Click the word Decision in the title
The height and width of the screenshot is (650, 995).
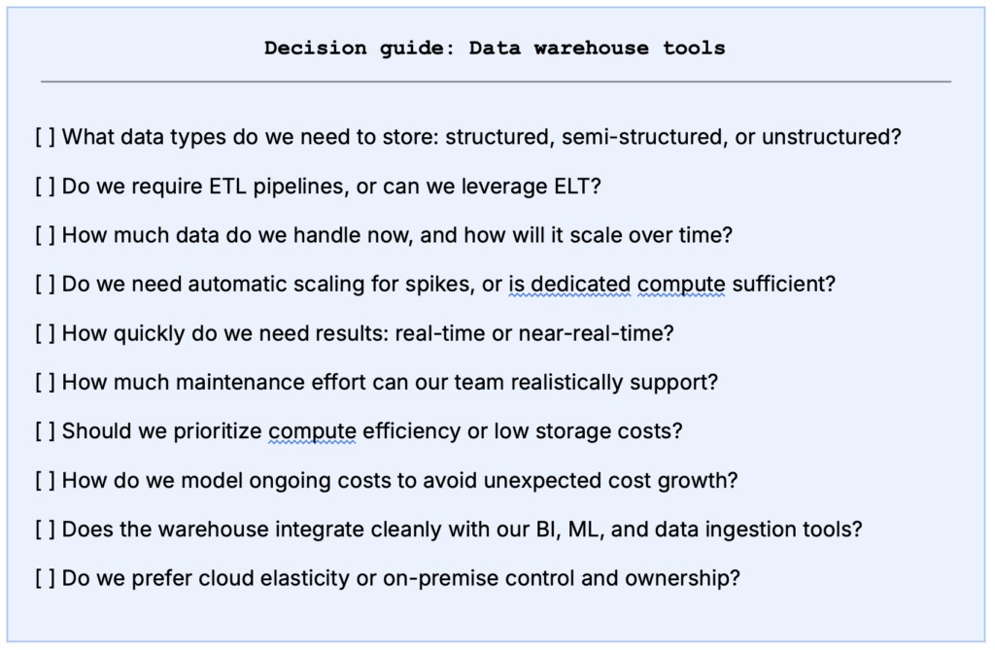(x=316, y=49)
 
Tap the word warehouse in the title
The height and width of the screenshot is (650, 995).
(x=591, y=49)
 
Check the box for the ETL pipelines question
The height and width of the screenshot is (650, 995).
(x=45, y=187)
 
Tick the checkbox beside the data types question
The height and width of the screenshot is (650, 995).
(x=45, y=137)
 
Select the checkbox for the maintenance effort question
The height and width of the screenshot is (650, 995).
(x=45, y=383)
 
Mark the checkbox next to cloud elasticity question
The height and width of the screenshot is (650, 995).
(x=45, y=579)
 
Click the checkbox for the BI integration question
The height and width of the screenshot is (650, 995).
(x=45, y=530)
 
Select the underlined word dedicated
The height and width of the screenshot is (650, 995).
(x=581, y=285)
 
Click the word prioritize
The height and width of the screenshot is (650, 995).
(x=217, y=431)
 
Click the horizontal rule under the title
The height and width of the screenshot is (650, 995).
(x=496, y=82)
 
